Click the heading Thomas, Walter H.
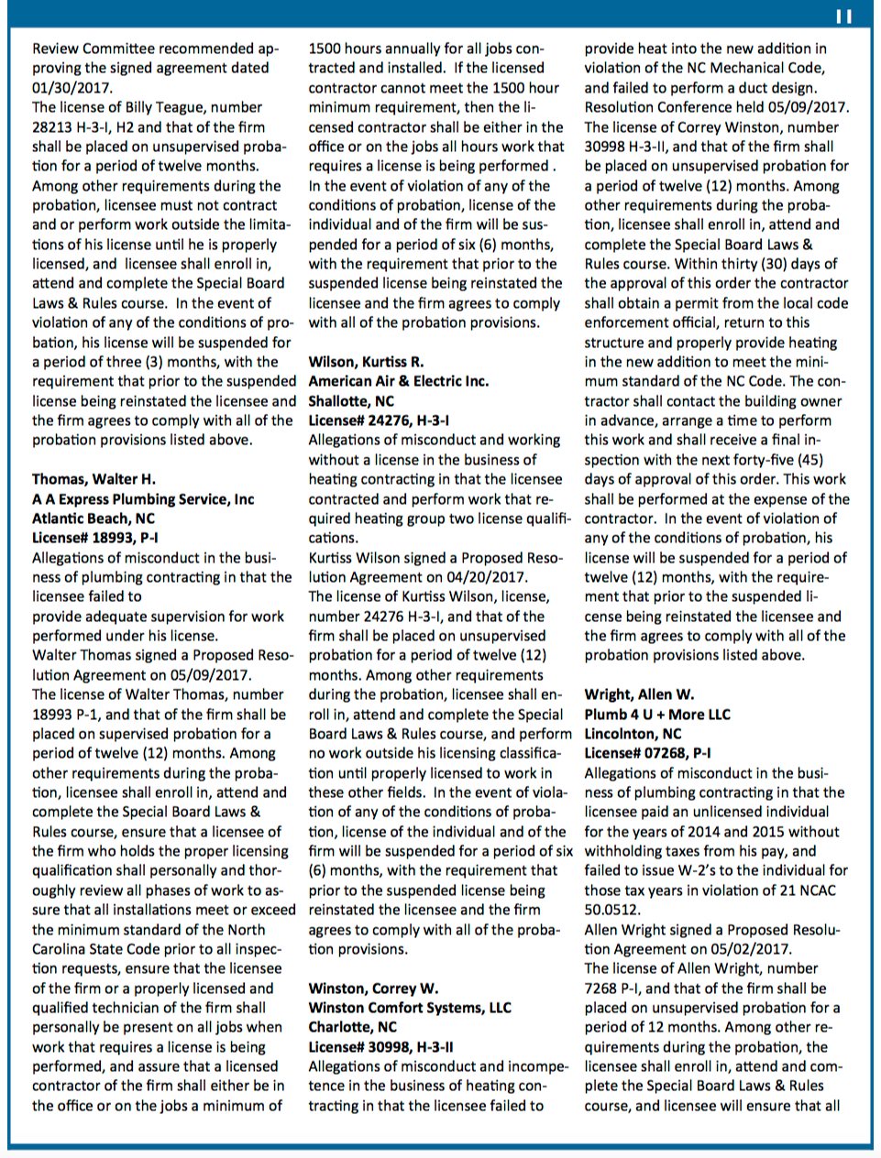[x=94, y=479]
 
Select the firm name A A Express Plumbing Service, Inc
[x=143, y=499]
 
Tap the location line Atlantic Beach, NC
[x=94, y=519]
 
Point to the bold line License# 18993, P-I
[x=94, y=538]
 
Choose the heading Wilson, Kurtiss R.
[x=366, y=362]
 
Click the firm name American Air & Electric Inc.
[x=398, y=381]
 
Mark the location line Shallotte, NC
[x=351, y=401]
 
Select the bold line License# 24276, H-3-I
[x=379, y=421]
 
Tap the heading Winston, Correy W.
[x=373, y=989]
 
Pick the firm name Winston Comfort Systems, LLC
[x=410, y=1008]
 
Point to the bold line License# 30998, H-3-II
[x=380, y=1047]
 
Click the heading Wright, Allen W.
[x=639, y=694]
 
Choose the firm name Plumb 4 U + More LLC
[x=657, y=715]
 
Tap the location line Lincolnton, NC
[x=633, y=734]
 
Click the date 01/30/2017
[x=72, y=88]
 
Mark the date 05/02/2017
[x=752, y=949]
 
